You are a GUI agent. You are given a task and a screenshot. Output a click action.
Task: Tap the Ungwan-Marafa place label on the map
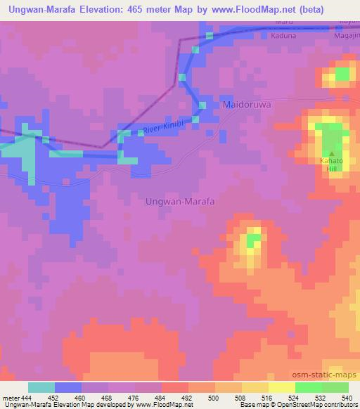(179, 201)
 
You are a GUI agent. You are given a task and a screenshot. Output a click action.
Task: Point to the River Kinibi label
(162, 126)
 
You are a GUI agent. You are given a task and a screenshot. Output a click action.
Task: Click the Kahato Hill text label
(331, 166)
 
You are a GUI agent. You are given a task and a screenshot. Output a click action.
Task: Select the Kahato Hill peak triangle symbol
(331, 152)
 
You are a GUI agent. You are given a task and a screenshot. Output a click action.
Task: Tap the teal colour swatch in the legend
(41, 387)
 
